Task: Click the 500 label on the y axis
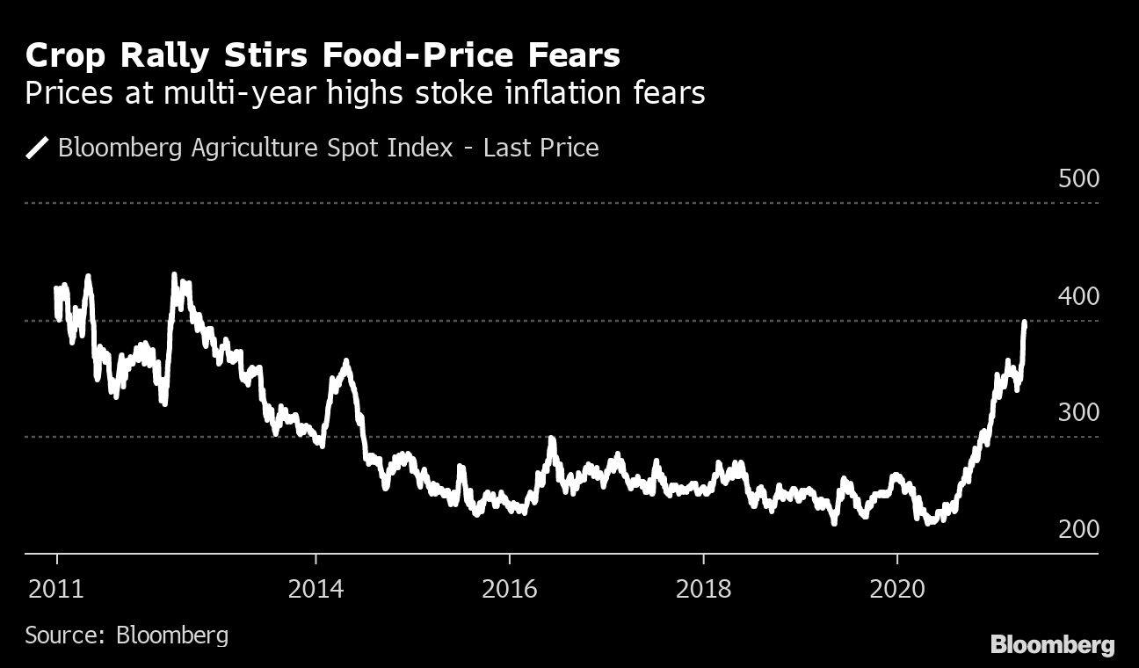coord(1079,179)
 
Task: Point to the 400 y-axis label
coord(1079,296)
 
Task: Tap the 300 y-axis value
coord(1079,412)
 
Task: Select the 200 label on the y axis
coord(1079,529)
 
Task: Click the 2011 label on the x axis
coord(56,588)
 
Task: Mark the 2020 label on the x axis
coord(897,588)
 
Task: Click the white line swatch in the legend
coord(38,148)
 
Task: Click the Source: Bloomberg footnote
coord(127,635)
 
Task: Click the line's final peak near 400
coord(1025,323)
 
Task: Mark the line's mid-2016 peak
coord(552,439)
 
